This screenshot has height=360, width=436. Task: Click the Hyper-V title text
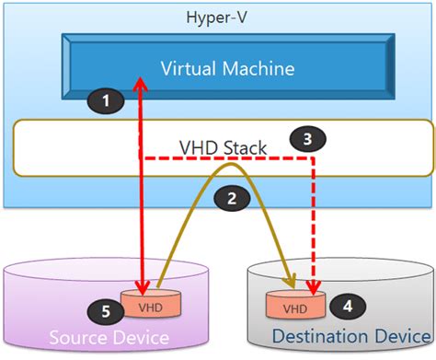(x=217, y=16)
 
